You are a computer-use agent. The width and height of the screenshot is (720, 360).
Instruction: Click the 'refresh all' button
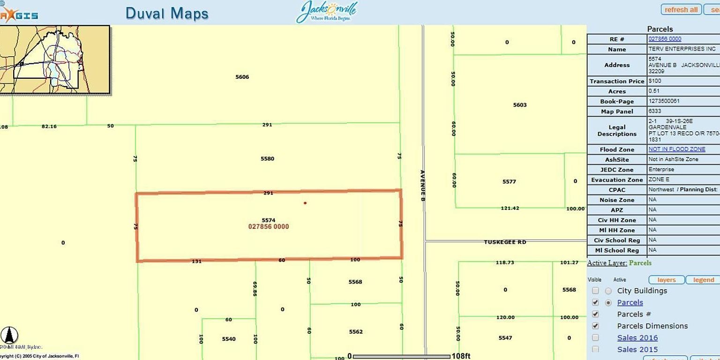click(681, 9)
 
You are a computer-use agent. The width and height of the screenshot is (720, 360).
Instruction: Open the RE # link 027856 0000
click(665, 39)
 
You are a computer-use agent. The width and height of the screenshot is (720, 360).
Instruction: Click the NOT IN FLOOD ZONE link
click(676, 149)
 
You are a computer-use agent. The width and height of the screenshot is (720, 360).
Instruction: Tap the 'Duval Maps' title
click(166, 13)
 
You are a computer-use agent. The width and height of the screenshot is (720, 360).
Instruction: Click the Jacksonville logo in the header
click(327, 11)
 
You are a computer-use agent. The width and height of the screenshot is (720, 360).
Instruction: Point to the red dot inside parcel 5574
click(305, 203)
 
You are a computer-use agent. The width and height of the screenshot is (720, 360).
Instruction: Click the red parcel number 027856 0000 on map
click(268, 226)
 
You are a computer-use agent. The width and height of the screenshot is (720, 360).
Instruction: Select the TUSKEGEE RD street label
click(505, 242)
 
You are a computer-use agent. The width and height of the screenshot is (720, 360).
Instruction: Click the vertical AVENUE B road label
click(422, 186)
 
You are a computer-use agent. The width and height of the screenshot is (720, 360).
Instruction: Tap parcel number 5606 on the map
click(242, 77)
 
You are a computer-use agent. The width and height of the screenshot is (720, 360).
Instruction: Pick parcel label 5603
click(520, 105)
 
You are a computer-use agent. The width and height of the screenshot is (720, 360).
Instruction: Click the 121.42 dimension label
click(510, 208)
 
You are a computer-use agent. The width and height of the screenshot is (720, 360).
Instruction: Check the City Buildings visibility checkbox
click(595, 291)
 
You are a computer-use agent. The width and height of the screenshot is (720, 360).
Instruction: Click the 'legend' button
click(703, 280)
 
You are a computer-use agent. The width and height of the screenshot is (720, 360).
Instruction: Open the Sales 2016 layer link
click(637, 337)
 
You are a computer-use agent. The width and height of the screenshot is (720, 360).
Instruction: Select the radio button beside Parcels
click(608, 303)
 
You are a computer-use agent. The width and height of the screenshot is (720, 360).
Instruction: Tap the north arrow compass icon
click(9, 336)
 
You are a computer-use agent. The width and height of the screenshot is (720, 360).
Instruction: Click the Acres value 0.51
click(653, 91)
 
